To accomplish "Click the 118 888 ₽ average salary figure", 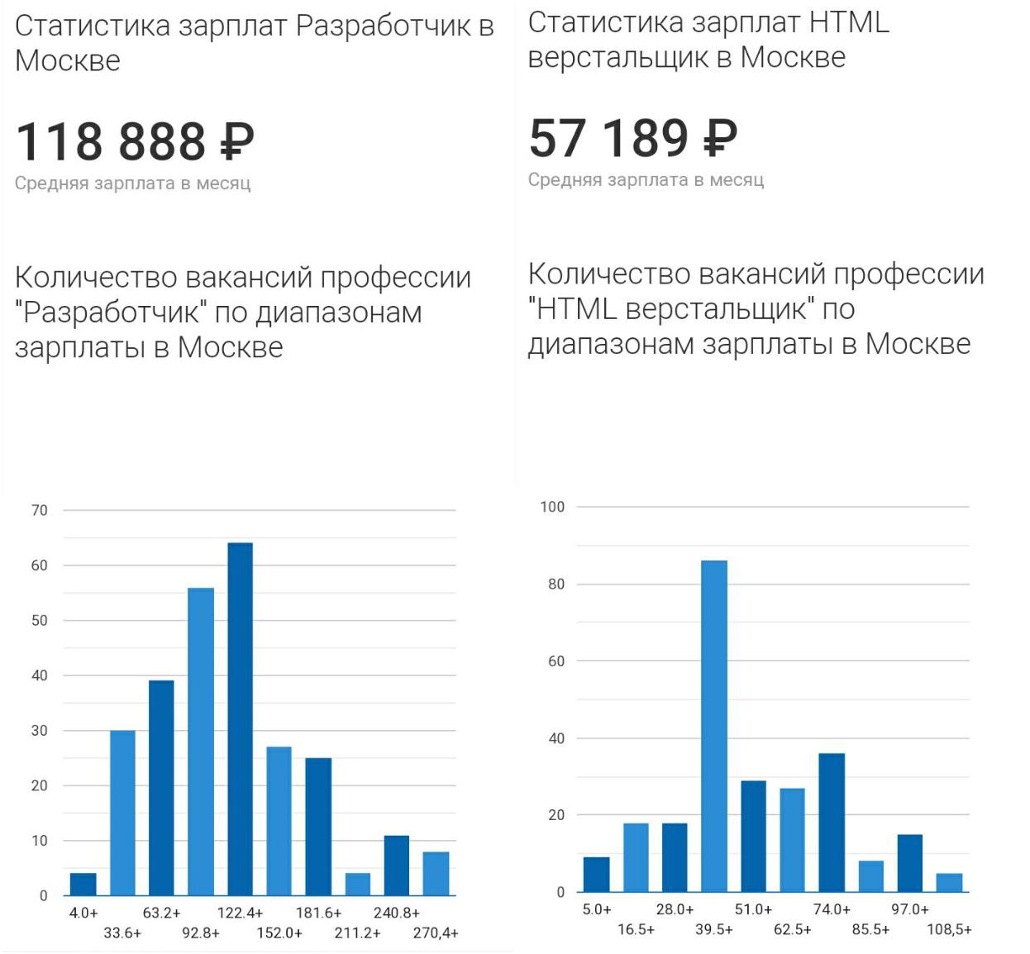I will (x=135, y=141).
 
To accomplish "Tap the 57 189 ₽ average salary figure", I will (x=632, y=138).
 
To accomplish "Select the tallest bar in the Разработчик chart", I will (x=240, y=719).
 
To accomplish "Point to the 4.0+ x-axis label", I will (x=83, y=913).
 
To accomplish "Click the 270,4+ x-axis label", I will (x=436, y=933).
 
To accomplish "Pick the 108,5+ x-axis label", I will (x=949, y=929).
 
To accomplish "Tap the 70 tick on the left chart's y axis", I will (x=40, y=511).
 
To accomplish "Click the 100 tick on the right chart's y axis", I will (x=552, y=507).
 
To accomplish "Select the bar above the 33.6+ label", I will (x=122, y=813).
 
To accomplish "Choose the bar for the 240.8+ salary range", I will (x=397, y=866).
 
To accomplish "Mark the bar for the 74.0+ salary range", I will (x=832, y=823).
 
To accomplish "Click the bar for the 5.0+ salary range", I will (x=596, y=875).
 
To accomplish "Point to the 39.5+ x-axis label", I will (x=714, y=929).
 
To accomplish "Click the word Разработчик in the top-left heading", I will (x=384, y=26).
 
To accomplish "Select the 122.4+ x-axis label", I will (x=240, y=913).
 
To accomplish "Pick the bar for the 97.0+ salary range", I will (x=910, y=863).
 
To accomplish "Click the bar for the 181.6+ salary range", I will (x=318, y=827).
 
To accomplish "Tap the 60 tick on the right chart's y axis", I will (x=556, y=661).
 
